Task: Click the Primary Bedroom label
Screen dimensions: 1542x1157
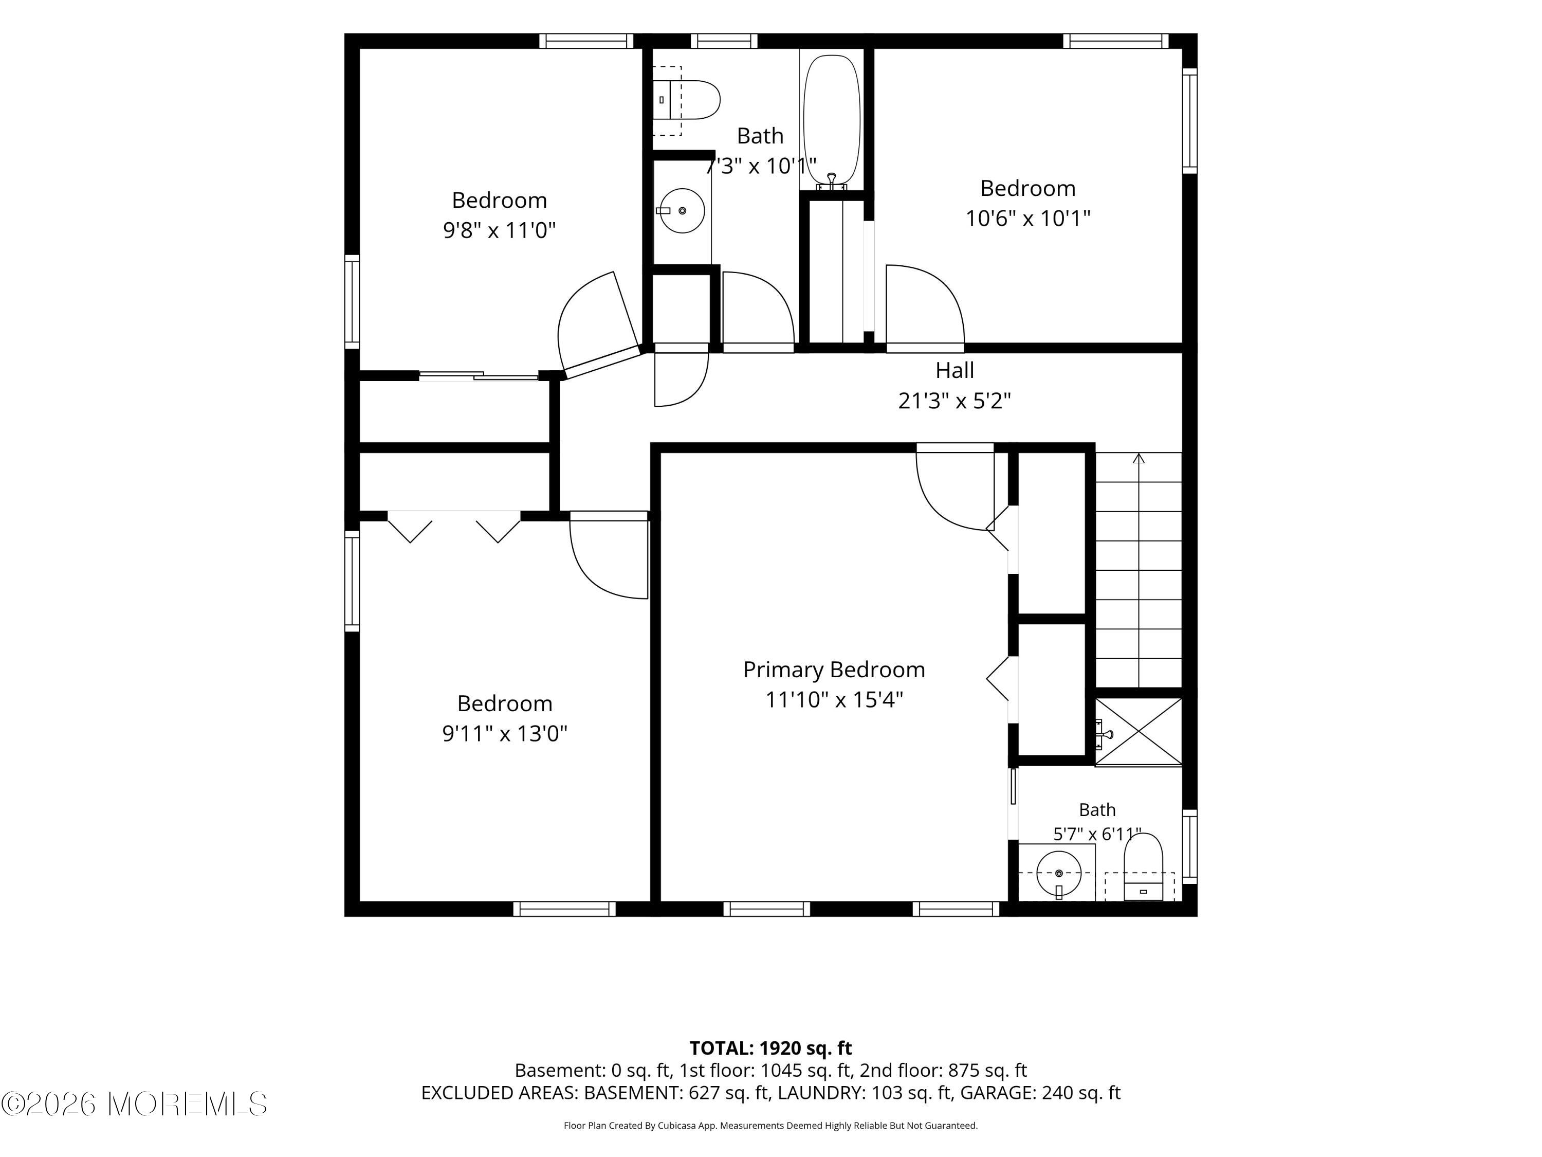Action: click(834, 670)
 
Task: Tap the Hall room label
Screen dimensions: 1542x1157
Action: click(954, 370)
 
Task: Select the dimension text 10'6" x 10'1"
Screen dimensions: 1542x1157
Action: click(1027, 219)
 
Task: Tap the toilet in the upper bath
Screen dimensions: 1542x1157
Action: click(687, 100)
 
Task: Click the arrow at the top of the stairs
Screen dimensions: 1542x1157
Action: click(1139, 458)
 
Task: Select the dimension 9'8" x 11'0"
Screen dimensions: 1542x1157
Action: click(499, 230)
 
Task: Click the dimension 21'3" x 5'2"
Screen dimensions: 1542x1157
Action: click(954, 401)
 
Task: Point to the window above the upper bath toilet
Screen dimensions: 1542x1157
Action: click(724, 41)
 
